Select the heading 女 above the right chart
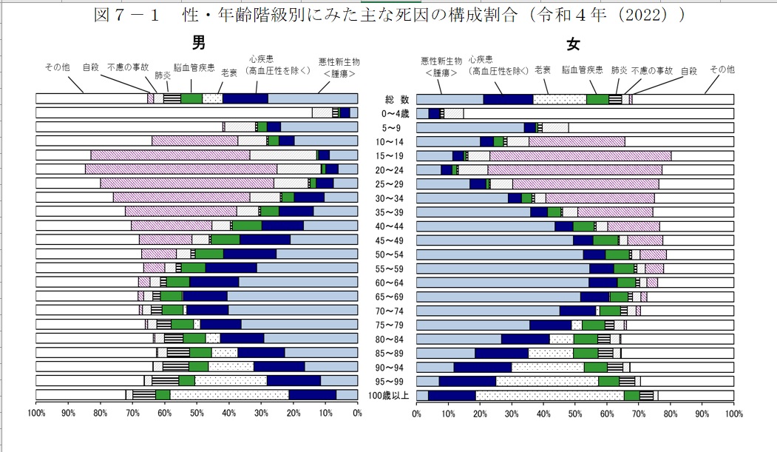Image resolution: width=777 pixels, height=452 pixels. tap(573, 44)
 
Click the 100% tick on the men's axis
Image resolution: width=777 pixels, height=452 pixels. tap(37, 413)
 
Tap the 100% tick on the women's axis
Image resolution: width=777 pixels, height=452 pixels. tap(733, 413)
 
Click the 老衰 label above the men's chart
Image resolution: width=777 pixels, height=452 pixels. tap(228, 72)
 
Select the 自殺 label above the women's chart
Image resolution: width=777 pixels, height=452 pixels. tap(688, 71)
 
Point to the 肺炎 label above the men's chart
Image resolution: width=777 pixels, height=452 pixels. tap(163, 75)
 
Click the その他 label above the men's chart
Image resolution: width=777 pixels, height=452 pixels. tap(57, 67)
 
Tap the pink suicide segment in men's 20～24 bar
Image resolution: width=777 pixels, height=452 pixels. tap(181, 169)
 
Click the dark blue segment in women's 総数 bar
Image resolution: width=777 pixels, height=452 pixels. tap(508, 99)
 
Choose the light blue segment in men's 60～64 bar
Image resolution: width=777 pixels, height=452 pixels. tap(298, 282)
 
